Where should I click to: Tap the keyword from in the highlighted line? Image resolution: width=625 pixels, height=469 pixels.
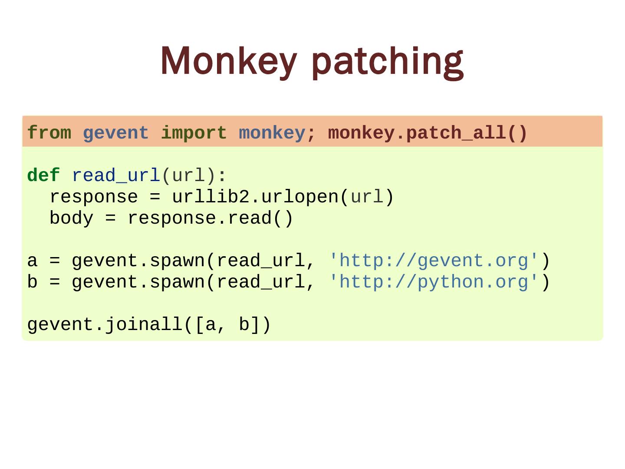[49, 133]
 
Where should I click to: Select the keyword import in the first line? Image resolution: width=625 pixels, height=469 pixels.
[194, 133]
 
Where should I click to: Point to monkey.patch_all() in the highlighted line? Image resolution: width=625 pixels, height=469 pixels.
[428, 133]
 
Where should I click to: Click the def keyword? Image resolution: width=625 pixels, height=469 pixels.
[43, 176]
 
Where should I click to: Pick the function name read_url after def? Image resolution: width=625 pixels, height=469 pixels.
[116, 176]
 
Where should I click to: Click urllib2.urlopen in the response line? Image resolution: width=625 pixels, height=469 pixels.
[255, 197]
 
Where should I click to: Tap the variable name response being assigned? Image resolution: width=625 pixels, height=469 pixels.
[94, 197]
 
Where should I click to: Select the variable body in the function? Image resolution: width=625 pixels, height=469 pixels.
[71, 218]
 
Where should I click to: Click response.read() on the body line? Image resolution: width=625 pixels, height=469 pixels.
[211, 218]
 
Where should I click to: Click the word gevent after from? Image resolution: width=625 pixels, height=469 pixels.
[116, 133]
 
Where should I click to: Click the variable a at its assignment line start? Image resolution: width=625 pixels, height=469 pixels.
[32, 261]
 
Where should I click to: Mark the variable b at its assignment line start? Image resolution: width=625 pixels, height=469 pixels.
[32, 282]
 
